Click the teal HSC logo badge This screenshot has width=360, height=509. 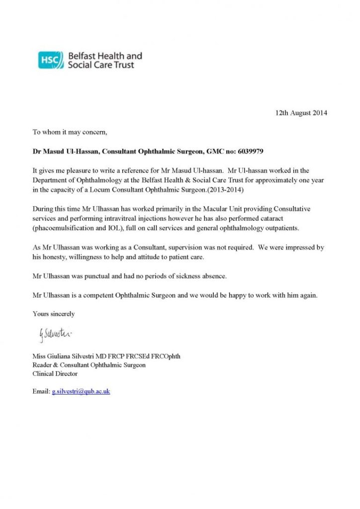(51, 60)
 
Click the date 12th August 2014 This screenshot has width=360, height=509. (301, 113)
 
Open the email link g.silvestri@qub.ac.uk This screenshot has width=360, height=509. (81, 391)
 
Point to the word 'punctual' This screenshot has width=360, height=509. (101, 276)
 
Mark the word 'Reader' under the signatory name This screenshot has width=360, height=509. (43, 365)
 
